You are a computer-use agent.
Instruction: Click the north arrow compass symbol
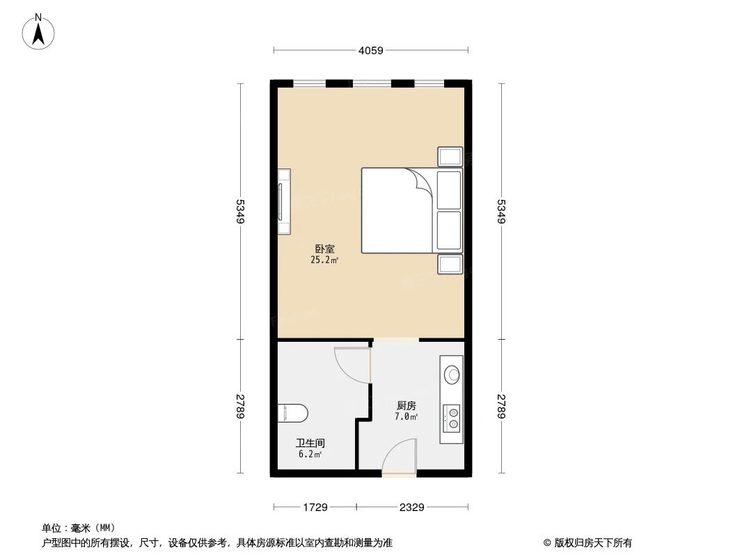[x=38, y=32]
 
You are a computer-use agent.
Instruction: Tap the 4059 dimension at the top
[x=370, y=50]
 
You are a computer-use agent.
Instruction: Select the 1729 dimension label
[x=315, y=508]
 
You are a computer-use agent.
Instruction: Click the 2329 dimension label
[x=411, y=508]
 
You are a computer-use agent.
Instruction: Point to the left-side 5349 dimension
[x=240, y=211]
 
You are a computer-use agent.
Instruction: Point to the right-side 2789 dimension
[x=502, y=406]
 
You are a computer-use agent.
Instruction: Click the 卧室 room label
[x=325, y=249]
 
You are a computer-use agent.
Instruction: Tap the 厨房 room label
[x=406, y=405]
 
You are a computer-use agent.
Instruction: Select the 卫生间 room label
[x=310, y=444]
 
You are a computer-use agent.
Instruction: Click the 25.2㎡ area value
[x=324, y=260]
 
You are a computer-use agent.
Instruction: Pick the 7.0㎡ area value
[x=406, y=417]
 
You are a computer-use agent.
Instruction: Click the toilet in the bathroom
[x=292, y=413]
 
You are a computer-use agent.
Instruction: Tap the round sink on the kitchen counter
[x=452, y=375]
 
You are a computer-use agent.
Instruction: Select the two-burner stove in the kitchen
[x=451, y=418]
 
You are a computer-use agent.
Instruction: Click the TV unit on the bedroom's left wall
[x=284, y=201]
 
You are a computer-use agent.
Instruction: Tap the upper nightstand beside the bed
[x=450, y=157]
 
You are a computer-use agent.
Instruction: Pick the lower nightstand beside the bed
[x=450, y=264]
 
